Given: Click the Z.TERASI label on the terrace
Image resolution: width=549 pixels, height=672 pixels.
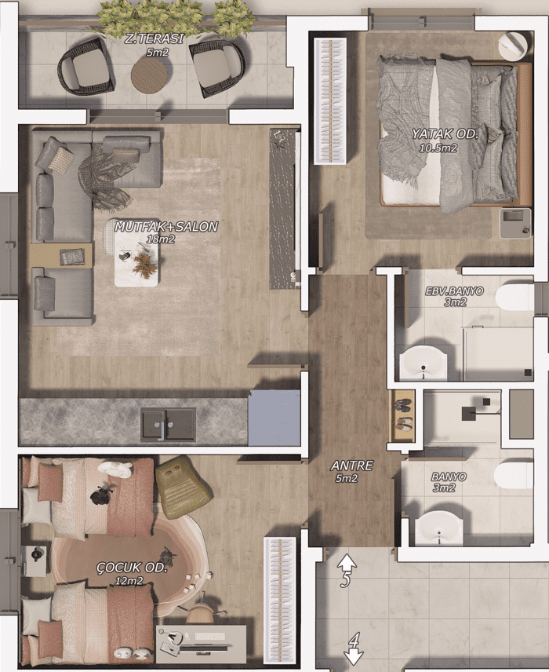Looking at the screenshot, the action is point(154,39).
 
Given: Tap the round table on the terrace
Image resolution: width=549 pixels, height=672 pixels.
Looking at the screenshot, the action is point(151,75).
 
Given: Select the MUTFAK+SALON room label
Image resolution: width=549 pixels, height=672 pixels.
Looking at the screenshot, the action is point(166,227).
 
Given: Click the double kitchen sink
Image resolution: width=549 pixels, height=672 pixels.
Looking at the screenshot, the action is point(169,424).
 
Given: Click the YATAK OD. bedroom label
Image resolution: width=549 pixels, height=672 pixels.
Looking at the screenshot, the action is point(445,134).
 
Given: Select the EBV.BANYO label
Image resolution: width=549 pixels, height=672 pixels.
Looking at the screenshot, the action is point(454,291).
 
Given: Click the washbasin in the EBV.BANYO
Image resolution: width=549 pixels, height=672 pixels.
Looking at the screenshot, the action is point(423,363).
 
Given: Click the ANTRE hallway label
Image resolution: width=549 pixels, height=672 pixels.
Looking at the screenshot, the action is point(352,466).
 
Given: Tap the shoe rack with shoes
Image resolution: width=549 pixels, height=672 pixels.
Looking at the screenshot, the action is point(403,415).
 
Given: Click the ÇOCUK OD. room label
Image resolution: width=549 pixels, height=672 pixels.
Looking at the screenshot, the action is point(132,568).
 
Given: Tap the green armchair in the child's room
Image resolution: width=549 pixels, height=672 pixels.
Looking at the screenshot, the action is point(182,482).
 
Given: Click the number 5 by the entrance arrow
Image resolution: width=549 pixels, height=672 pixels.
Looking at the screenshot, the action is point(345,579).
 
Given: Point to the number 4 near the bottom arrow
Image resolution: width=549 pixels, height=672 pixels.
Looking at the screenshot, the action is point(354,641).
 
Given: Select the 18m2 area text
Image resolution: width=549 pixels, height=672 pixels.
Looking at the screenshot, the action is point(161,239).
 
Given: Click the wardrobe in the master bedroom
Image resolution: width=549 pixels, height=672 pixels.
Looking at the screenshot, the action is point(330,100).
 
